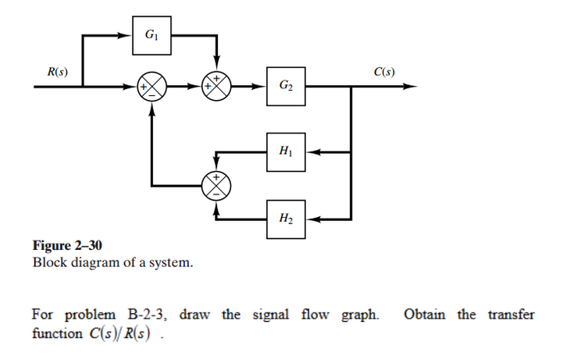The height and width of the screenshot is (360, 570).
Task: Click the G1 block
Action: click(151, 36)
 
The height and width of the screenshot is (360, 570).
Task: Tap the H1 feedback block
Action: click(285, 151)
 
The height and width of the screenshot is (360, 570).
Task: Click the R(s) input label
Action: click(55, 73)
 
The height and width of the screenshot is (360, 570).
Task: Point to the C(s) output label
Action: click(384, 73)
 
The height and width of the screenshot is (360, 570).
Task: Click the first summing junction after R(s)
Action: click(152, 86)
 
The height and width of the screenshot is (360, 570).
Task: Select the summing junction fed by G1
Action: click(218, 86)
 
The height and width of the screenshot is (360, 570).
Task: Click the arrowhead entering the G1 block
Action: click(126, 36)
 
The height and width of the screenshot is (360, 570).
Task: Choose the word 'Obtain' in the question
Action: click(426, 315)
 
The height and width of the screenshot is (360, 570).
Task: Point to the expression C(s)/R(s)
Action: click(116, 333)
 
